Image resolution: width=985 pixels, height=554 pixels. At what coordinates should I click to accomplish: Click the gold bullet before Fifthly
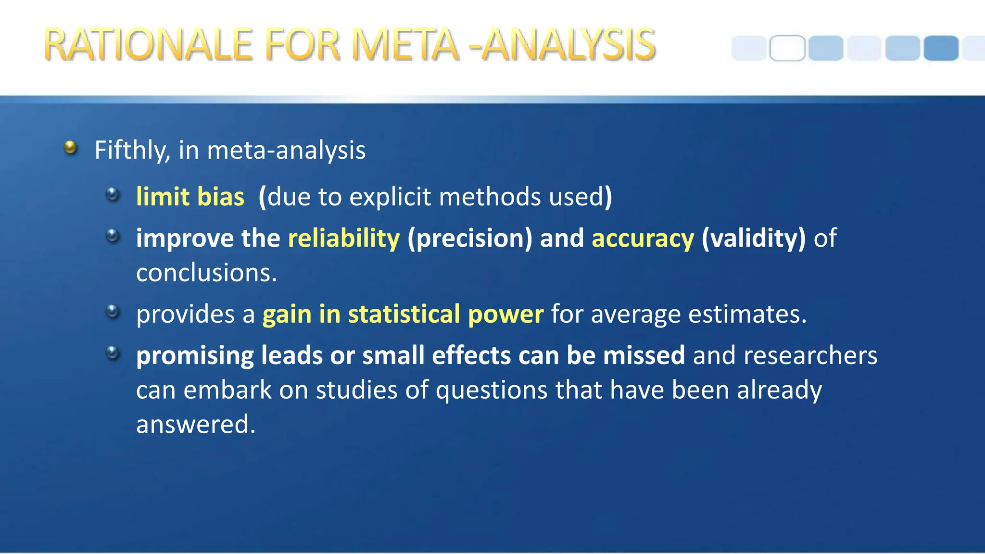point(70,147)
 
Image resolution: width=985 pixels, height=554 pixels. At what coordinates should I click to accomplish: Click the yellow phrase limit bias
point(190,197)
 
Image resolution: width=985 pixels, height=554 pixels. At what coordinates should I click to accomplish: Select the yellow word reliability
point(343,238)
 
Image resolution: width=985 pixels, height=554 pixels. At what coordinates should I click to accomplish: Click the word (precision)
point(470,238)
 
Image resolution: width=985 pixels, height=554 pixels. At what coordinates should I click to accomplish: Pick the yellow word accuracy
point(643,238)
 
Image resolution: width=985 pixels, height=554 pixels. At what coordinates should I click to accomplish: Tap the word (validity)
point(753,238)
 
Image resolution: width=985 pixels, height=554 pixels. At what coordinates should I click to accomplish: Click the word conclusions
point(206,273)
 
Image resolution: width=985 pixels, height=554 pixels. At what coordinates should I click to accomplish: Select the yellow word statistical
point(404,314)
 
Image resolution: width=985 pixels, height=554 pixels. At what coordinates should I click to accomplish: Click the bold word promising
point(195,356)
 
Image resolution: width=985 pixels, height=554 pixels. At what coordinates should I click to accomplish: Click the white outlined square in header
point(787,48)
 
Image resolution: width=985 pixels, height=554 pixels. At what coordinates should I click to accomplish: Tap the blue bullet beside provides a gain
point(113,312)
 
